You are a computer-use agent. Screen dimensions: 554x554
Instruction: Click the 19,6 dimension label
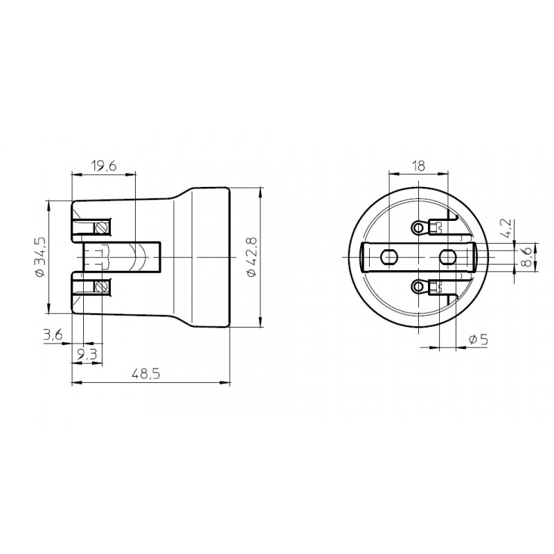(103, 166)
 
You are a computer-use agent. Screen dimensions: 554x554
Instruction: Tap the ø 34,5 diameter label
(40, 256)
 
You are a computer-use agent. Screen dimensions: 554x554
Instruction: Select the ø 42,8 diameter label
(251, 257)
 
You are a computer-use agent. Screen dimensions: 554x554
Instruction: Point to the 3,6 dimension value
(53, 334)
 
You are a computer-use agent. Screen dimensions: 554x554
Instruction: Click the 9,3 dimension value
(87, 354)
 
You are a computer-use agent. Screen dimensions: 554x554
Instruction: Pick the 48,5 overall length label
(146, 373)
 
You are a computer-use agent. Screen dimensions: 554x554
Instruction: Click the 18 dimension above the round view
(419, 166)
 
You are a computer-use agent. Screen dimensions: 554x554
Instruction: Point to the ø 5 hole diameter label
(479, 340)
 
